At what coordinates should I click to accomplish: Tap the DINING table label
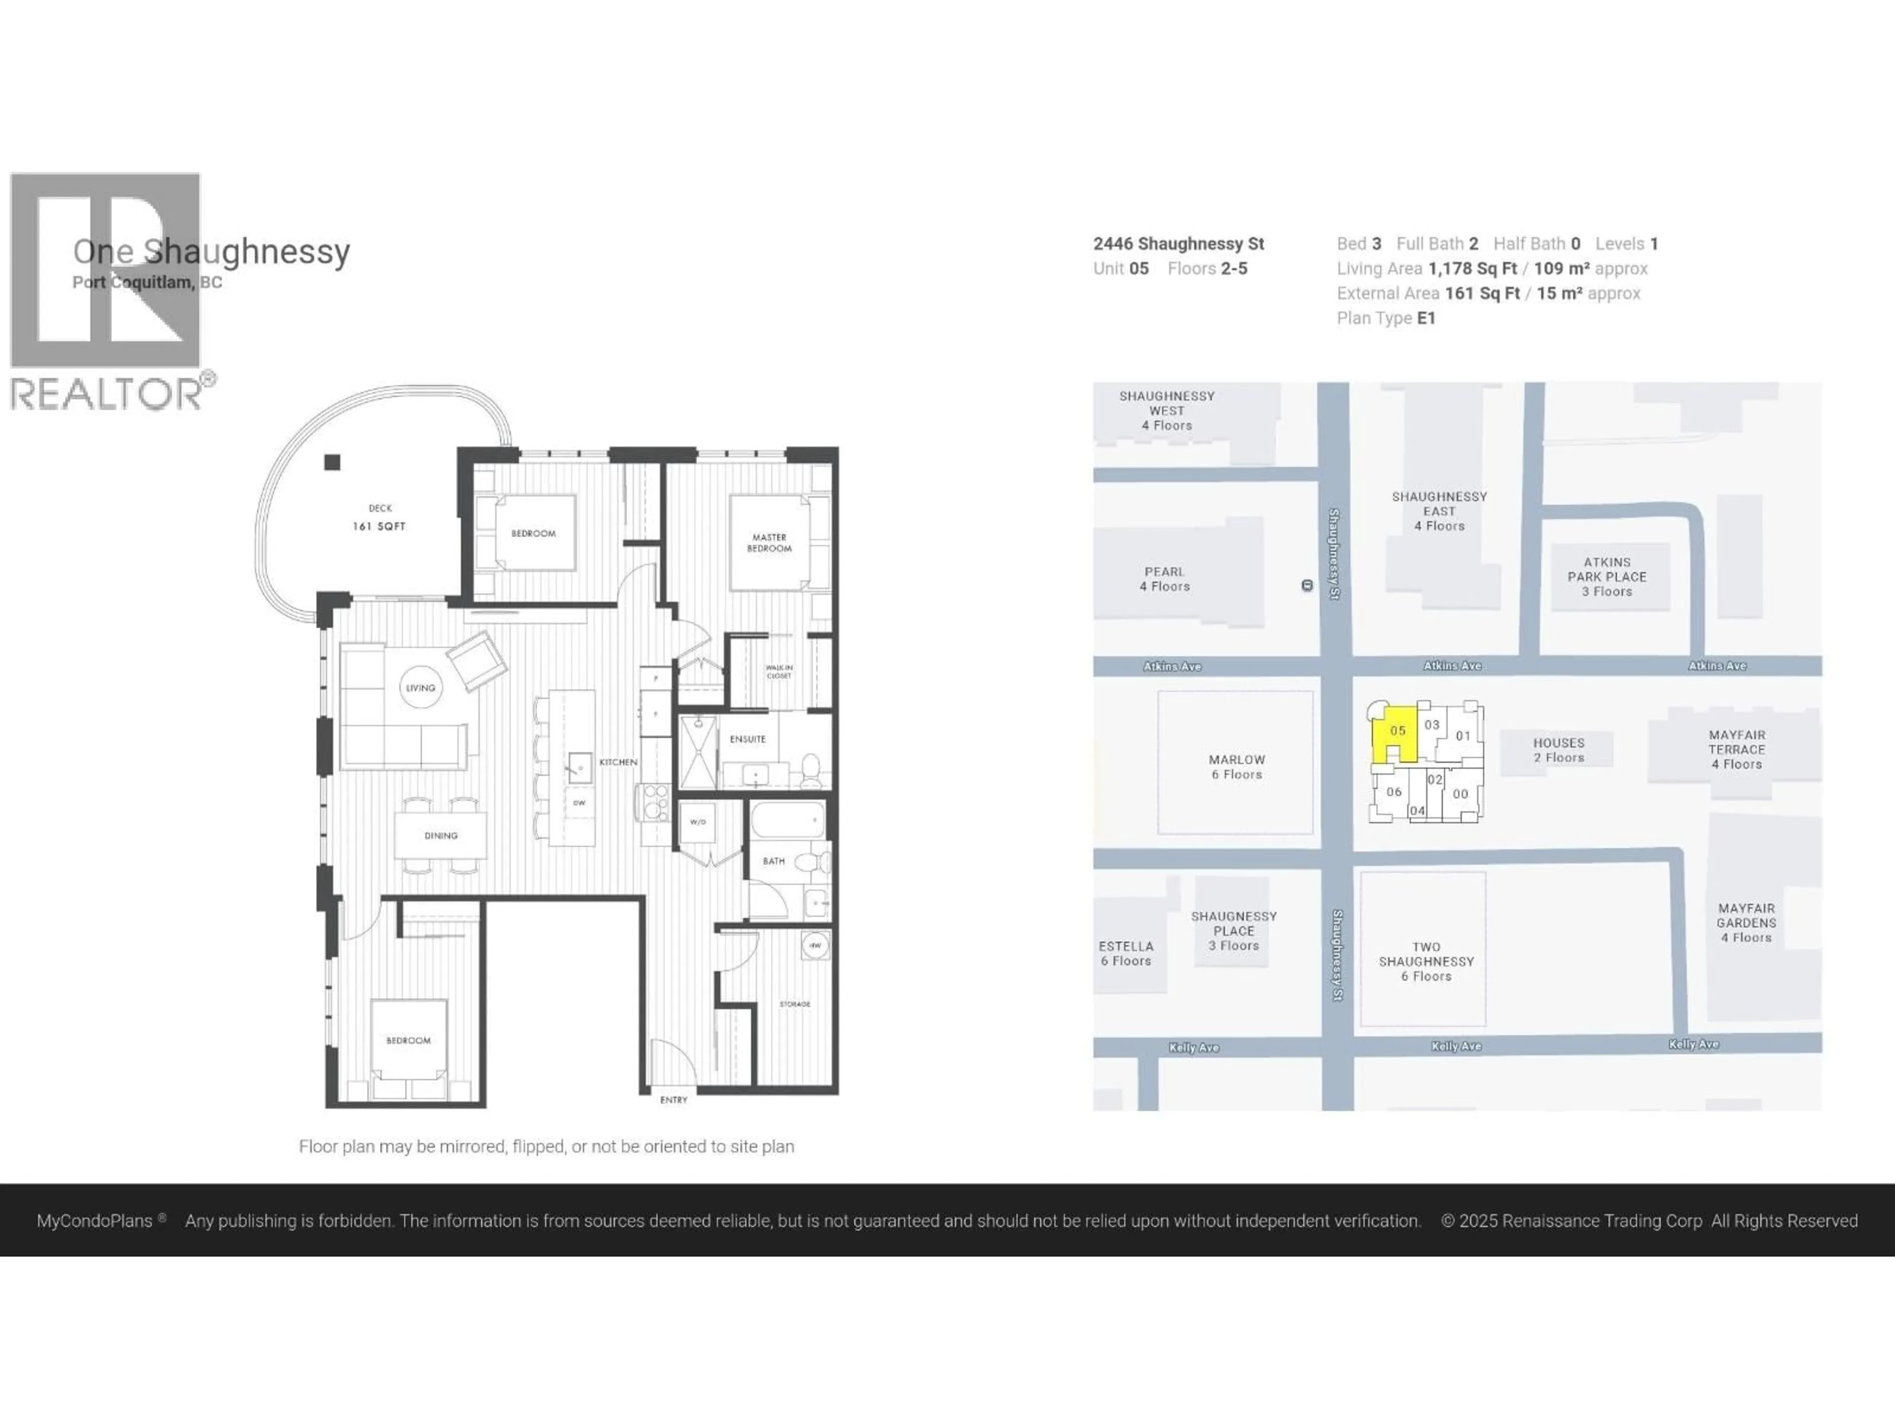(x=440, y=836)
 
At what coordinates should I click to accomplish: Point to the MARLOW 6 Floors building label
(x=1236, y=767)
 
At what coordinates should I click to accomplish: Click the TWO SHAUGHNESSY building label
(x=1426, y=961)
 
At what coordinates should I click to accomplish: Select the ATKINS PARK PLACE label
(x=1606, y=576)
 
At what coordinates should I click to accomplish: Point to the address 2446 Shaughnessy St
(x=1178, y=244)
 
